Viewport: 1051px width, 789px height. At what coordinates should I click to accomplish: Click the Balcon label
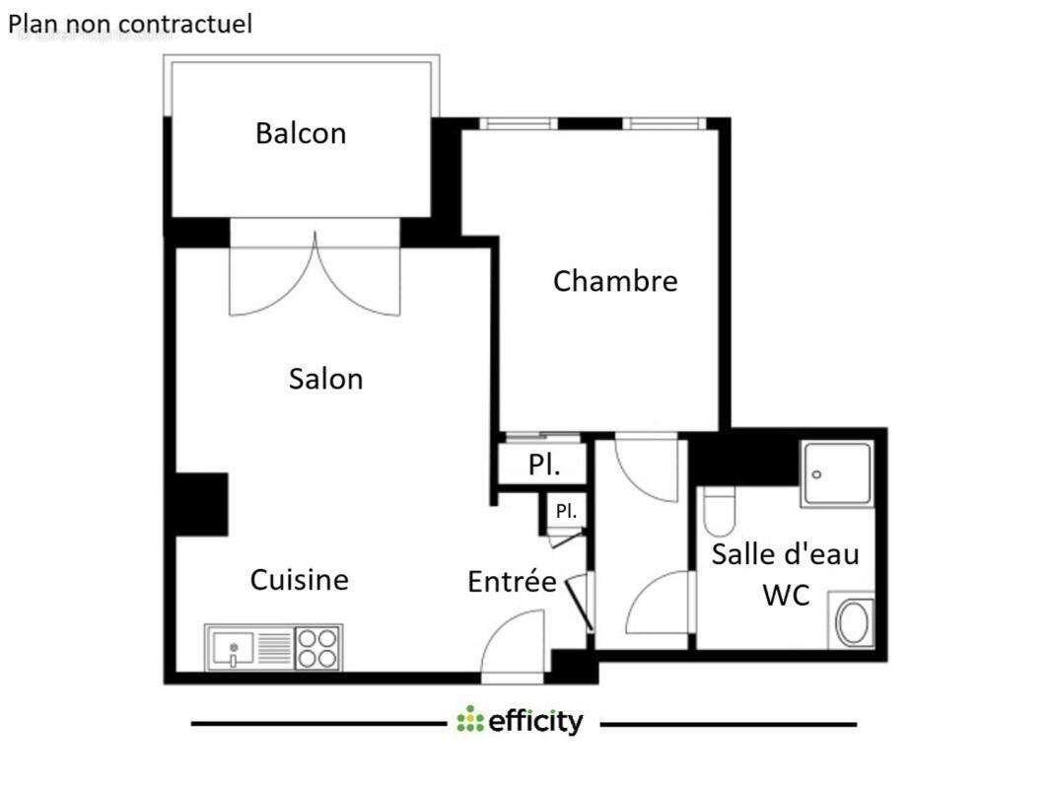click(x=301, y=133)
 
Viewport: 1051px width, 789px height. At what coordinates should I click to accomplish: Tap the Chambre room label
click(x=615, y=281)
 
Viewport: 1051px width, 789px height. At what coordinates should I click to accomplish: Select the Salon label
click(x=325, y=379)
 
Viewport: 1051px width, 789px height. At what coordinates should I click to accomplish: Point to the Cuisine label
click(x=299, y=579)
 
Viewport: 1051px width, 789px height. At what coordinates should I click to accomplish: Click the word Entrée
click(x=512, y=582)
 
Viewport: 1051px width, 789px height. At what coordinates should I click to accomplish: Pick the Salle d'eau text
click(x=785, y=553)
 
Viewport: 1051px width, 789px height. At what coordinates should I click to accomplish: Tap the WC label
click(x=786, y=595)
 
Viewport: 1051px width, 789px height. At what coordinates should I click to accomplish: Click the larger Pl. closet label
click(x=544, y=465)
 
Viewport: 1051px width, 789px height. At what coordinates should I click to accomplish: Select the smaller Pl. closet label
click(x=566, y=512)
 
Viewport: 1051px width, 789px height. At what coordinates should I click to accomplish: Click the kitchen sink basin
click(x=234, y=649)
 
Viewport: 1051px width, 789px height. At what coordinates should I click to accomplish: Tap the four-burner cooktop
click(x=317, y=648)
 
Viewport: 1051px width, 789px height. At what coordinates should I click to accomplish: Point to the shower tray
click(x=836, y=474)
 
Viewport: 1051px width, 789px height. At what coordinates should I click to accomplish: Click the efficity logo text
click(x=535, y=722)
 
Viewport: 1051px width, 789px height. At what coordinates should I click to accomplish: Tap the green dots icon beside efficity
click(x=470, y=720)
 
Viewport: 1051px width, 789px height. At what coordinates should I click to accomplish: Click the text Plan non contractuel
click(x=130, y=24)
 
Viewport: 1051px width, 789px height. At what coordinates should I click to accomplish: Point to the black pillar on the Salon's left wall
click(x=201, y=504)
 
